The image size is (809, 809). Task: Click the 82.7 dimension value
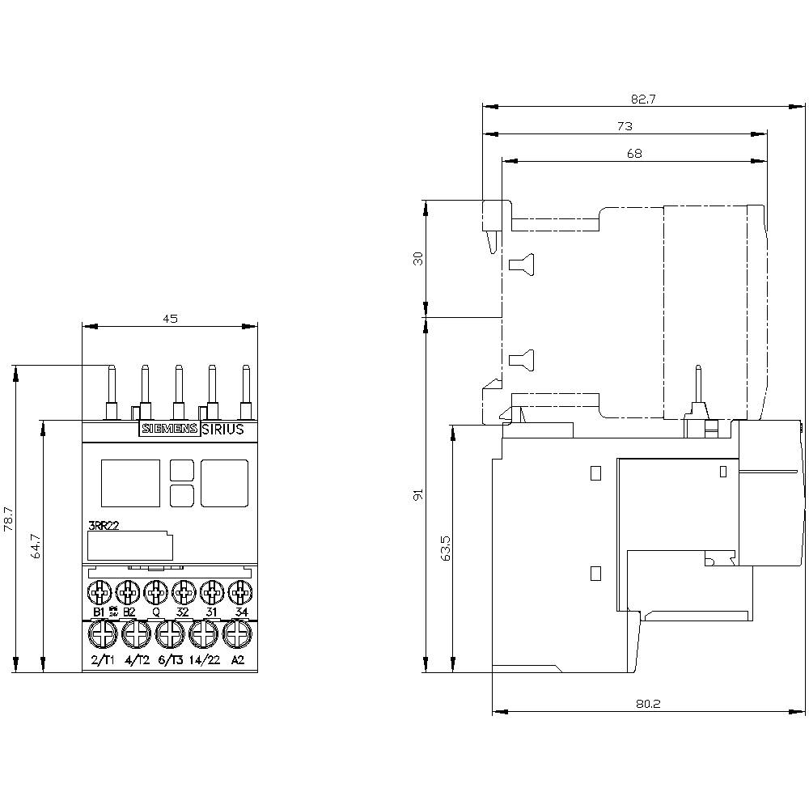click(644, 100)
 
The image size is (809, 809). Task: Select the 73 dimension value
click(625, 126)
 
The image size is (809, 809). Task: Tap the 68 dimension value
click(634, 154)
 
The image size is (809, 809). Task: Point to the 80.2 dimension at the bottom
click(648, 704)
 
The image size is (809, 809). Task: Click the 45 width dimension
click(170, 319)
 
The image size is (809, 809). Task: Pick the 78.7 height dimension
click(8, 518)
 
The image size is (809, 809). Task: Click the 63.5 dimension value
click(444, 548)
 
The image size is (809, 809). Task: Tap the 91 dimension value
click(418, 494)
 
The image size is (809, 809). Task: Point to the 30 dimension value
click(418, 258)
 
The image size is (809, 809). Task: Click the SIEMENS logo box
click(170, 430)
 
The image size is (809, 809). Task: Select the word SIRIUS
click(222, 430)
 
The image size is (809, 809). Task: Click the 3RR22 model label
click(104, 526)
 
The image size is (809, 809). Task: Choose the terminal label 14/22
click(205, 659)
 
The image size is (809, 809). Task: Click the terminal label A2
click(238, 659)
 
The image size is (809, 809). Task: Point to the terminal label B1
click(99, 612)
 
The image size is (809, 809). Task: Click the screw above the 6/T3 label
click(169, 636)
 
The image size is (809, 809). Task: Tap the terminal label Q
click(155, 612)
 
